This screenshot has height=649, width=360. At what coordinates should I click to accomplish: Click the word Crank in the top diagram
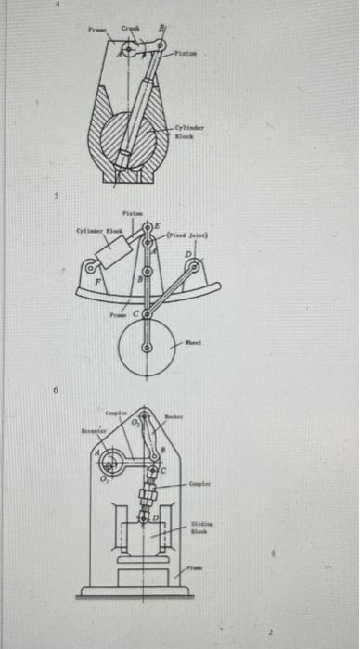pyautogui.click(x=131, y=31)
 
